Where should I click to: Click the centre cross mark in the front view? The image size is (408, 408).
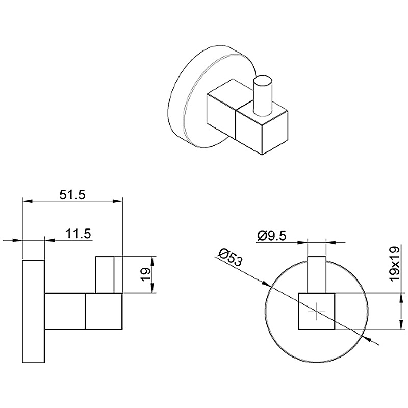(x=316, y=311)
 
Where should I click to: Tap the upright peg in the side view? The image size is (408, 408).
(x=106, y=274)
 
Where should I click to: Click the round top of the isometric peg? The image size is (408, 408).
(x=264, y=82)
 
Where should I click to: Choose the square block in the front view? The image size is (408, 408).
(x=316, y=311)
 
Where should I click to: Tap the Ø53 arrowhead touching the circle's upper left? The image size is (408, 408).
(x=267, y=284)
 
